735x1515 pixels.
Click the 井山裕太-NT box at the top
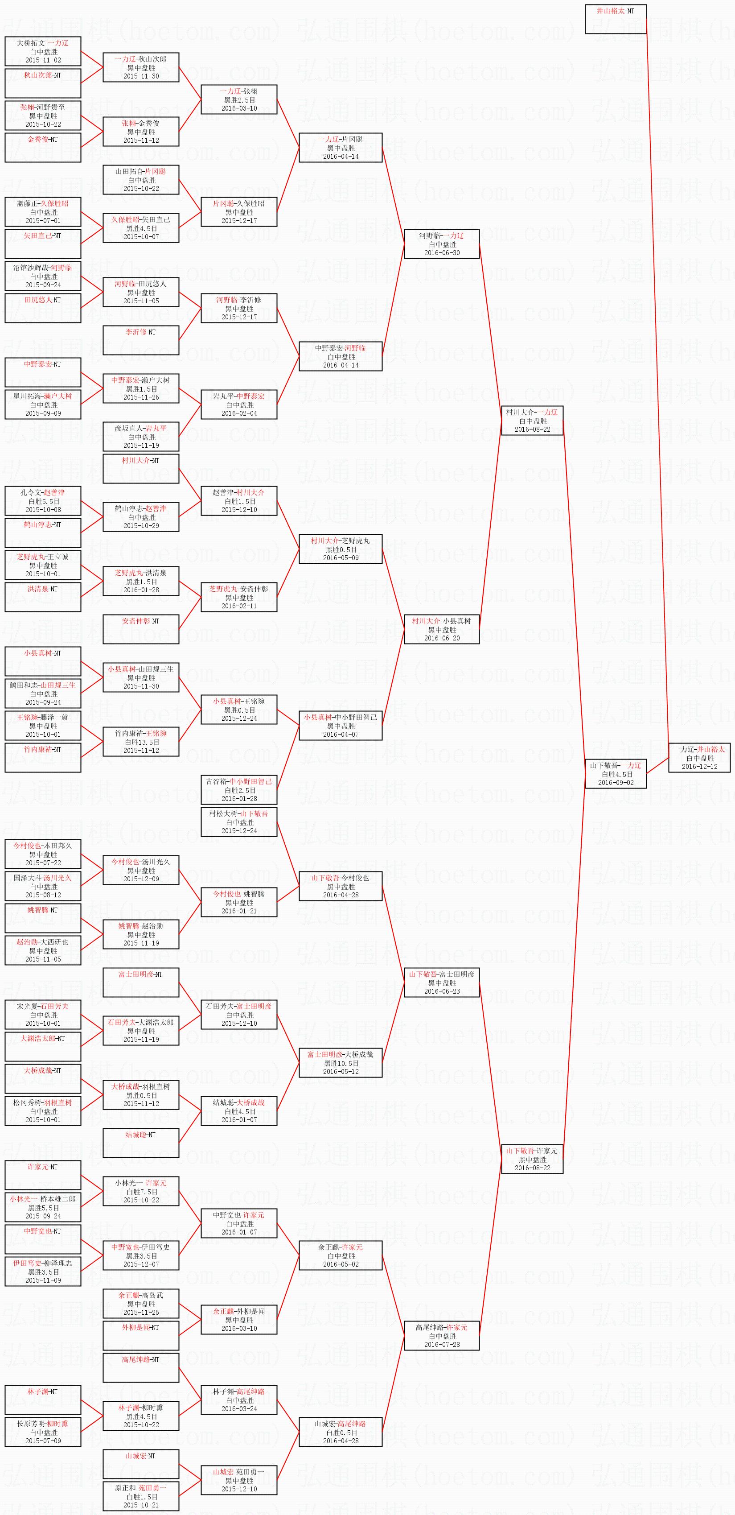tap(616, 19)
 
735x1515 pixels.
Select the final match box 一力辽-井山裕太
tap(699, 757)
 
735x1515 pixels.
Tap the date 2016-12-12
tap(699, 766)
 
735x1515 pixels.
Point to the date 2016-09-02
tap(616, 782)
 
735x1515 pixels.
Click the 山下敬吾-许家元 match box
tap(532, 1159)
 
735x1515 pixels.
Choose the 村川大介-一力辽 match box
tap(532, 421)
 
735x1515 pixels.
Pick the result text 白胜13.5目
tap(142, 742)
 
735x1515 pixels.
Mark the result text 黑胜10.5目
tap(341, 1063)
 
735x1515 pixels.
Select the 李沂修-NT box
tap(141, 340)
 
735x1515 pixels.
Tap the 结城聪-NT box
tap(141, 1143)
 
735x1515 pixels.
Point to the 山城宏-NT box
tap(141, 1464)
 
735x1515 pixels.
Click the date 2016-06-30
tap(442, 253)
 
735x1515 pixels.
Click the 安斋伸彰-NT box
tap(141, 629)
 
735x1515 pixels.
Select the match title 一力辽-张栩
tap(239, 91)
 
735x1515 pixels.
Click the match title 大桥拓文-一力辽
tap(42, 43)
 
